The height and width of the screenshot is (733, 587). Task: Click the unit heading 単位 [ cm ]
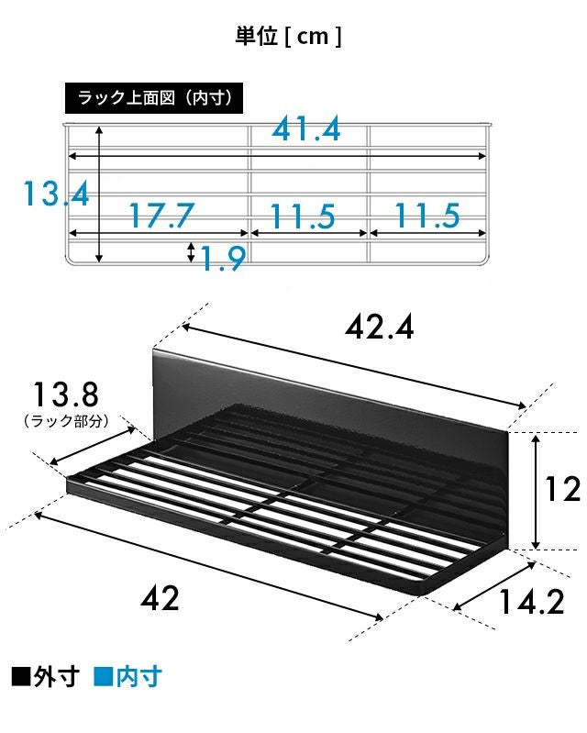tap(288, 37)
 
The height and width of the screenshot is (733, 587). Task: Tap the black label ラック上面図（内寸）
tap(154, 98)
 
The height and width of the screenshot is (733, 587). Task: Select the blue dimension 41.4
tap(306, 129)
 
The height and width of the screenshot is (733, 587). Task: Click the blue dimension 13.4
tap(56, 194)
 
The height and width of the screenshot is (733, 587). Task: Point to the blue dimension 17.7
tap(161, 215)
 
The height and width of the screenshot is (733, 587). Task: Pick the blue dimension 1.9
tap(223, 259)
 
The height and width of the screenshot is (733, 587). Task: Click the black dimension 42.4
tap(379, 328)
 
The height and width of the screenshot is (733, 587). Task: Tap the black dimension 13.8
tap(65, 394)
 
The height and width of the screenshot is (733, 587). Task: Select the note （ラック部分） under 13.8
tap(66, 421)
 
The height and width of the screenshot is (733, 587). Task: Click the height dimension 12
tap(563, 490)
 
